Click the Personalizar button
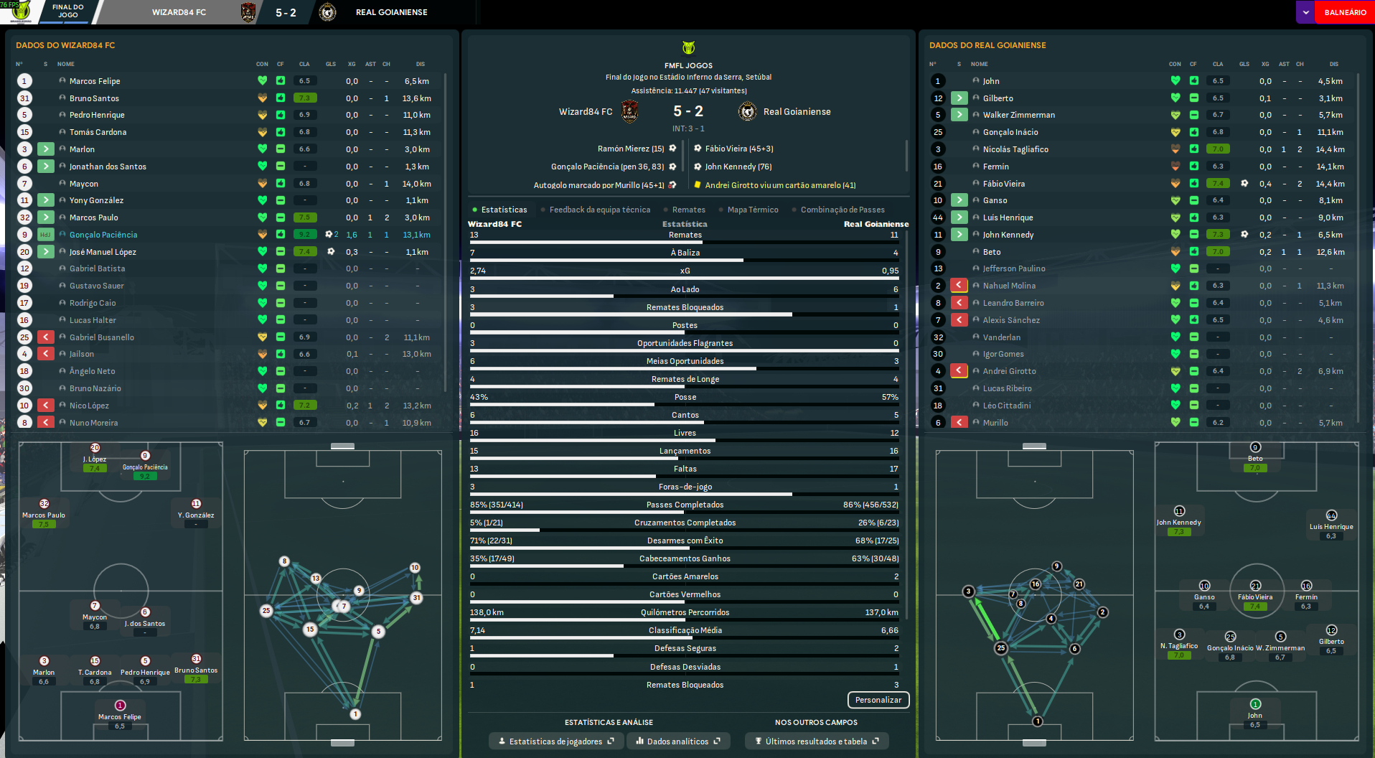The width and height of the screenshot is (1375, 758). (878, 700)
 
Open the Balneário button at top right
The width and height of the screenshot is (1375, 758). (1344, 12)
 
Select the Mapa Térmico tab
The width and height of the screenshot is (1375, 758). (752, 210)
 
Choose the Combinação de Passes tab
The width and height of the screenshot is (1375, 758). (842, 210)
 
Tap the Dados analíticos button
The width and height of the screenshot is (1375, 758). (677, 741)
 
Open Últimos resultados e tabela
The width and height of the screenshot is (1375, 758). (816, 741)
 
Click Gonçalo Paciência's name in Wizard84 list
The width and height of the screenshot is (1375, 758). (103, 235)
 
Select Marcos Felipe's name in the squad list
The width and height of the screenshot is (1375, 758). (95, 81)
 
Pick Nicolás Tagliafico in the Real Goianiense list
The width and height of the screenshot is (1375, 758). (1015, 149)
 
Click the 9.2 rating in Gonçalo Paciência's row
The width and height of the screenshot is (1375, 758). (305, 235)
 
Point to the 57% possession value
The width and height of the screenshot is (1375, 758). (889, 397)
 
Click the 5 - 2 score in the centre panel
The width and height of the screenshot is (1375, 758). (687, 111)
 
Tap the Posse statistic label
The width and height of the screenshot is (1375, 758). (685, 397)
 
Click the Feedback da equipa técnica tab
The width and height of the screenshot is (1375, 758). (599, 210)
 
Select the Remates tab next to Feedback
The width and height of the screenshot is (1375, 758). (688, 210)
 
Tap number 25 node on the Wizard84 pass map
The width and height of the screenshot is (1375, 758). (266, 611)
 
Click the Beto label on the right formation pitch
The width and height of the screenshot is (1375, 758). (1254, 459)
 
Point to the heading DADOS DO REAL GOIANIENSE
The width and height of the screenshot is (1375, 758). (987, 45)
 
